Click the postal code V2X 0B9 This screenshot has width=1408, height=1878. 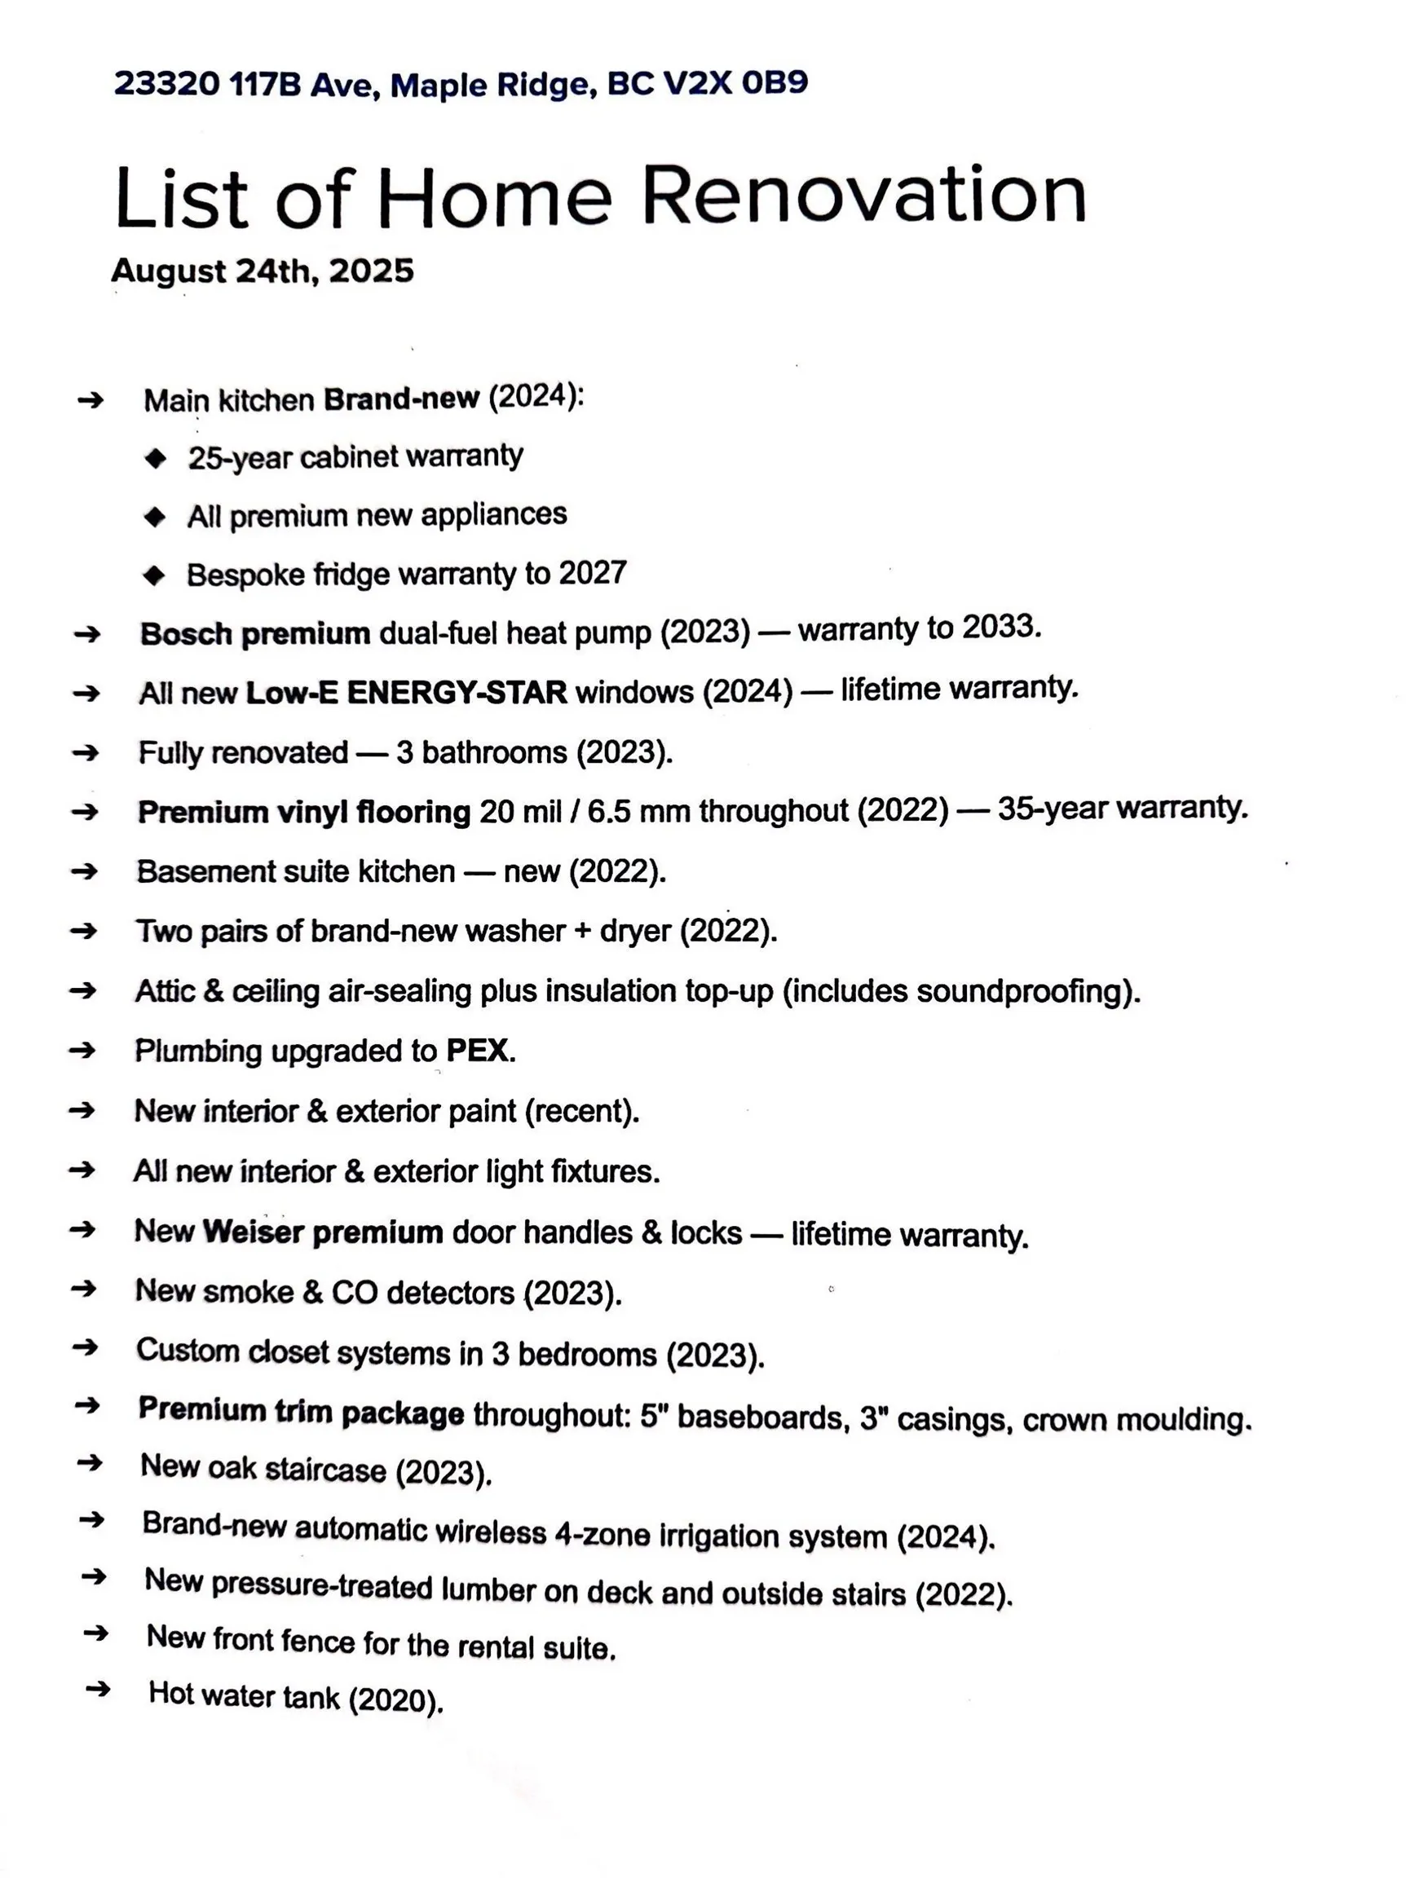coord(735,83)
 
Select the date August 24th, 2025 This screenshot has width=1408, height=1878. coord(263,271)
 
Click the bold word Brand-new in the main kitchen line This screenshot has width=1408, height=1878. coord(401,399)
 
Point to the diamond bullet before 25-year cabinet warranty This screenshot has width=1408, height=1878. coord(156,458)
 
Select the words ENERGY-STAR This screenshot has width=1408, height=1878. coord(457,693)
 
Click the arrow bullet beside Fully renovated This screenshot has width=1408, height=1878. coord(85,752)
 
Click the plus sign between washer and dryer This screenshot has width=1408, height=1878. coord(583,931)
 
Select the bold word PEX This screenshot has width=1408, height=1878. coord(478,1050)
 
